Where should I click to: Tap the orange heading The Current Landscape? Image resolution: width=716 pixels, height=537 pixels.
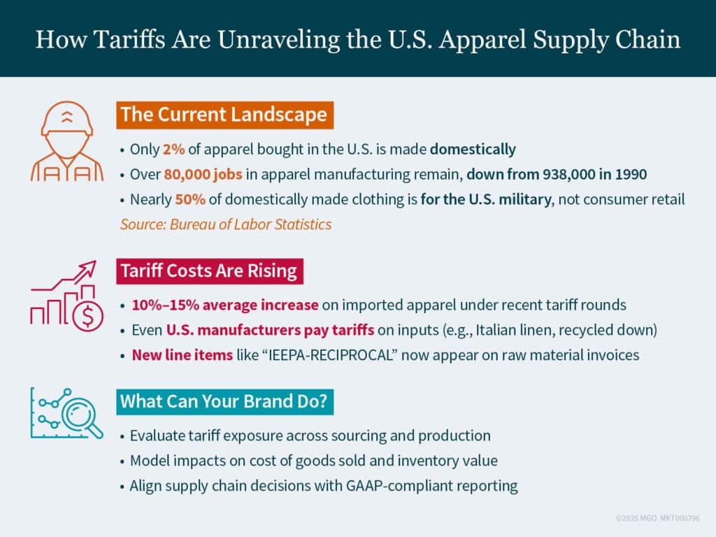click(224, 115)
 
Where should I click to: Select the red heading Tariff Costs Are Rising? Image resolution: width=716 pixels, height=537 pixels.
click(208, 270)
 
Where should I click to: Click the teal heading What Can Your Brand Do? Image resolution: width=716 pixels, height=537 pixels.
click(227, 402)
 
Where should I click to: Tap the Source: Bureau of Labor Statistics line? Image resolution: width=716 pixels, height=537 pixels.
click(226, 224)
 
